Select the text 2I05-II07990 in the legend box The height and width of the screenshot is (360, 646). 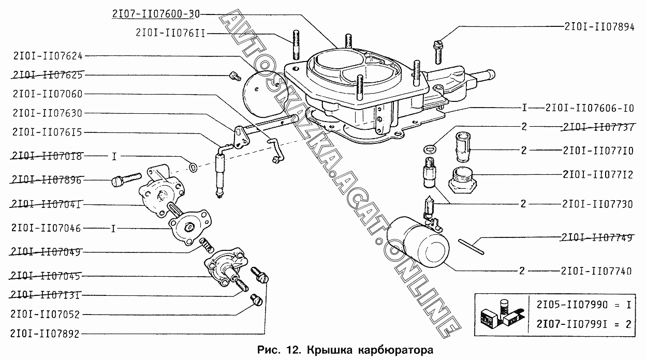point(570,305)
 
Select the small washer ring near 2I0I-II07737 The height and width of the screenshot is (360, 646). point(428,149)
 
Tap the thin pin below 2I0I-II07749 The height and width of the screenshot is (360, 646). point(472,245)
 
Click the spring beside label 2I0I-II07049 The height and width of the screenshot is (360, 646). point(204,243)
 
